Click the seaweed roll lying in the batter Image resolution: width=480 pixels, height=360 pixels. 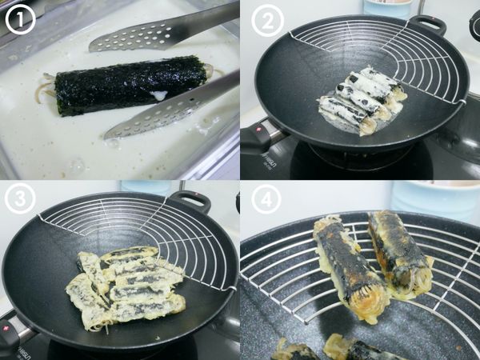coord(128,85)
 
